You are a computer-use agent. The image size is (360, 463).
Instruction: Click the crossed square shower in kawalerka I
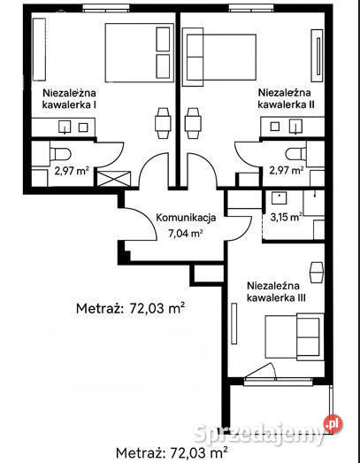(114, 176)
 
